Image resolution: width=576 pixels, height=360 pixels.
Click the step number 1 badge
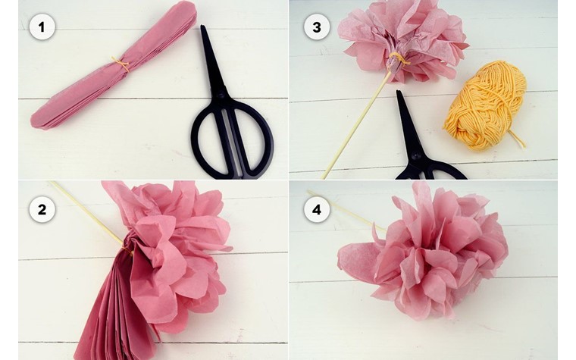(x=42, y=27)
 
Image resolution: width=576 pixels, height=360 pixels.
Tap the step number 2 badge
(x=42, y=210)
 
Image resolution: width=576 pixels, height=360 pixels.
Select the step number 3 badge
(x=317, y=27)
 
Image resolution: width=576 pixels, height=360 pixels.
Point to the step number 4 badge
(x=317, y=210)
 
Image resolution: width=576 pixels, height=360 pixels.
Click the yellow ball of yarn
(x=486, y=105)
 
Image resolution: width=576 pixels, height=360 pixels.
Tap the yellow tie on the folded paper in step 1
(x=121, y=63)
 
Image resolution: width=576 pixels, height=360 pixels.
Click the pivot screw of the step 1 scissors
(x=221, y=95)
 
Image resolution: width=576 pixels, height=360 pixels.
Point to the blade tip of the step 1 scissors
(x=202, y=27)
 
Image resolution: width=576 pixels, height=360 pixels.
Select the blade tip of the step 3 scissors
(x=398, y=92)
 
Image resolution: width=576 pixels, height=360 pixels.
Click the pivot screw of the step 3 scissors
(x=416, y=155)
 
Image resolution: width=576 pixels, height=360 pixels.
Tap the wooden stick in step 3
(x=355, y=126)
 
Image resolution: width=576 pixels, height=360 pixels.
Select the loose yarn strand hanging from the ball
(x=517, y=139)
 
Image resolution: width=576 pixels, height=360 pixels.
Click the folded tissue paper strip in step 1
(x=114, y=65)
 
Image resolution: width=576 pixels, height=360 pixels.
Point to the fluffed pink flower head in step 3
(x=403, y=39)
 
